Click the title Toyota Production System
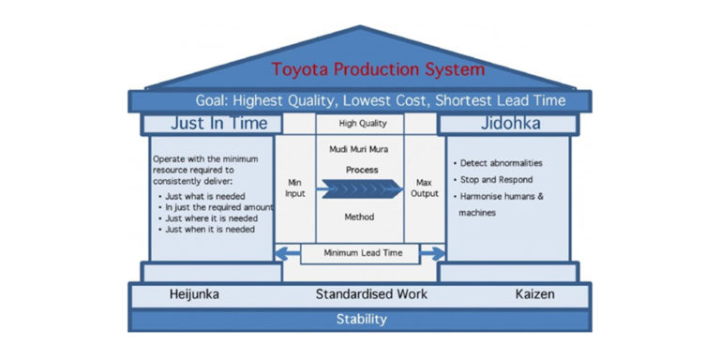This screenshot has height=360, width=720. point(378,69)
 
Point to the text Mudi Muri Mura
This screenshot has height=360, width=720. point(360,148)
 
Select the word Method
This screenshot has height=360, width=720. point(360,217)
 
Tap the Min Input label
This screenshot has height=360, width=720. point(297,187)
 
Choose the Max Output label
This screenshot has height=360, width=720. point(423,187)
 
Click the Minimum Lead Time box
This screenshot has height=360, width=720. point(360,252)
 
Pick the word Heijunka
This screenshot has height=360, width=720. point(195,294)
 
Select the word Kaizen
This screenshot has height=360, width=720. point(535,294)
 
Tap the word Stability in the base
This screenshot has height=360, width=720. point(361,319)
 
